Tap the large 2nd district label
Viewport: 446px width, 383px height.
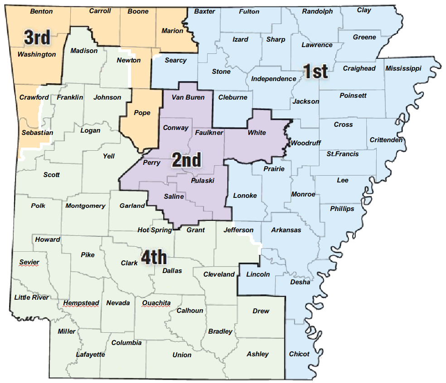point(186,160)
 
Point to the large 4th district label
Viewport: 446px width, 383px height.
point(154,258)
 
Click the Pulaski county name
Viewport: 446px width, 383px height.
point(203,181)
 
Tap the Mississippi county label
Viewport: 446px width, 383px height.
point(403,68)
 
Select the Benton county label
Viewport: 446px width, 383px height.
point(41,11)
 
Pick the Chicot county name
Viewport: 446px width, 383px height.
point(299,354)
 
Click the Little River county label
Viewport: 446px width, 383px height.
point(32,297)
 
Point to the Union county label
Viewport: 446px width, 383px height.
point(182,355)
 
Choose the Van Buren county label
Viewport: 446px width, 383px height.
point(188,97)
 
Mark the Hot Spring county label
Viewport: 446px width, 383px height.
point(155,230)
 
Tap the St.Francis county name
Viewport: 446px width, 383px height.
point(342,154)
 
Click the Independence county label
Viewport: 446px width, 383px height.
point(273,79)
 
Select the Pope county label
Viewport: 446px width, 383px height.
point(142,113)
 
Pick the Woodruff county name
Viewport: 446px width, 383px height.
point(306,143)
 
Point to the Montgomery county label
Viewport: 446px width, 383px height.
point(85,206)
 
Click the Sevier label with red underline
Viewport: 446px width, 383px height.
point(29,263)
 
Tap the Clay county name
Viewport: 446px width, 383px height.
point(364,10)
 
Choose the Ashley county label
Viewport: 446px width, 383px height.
point(257,354)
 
